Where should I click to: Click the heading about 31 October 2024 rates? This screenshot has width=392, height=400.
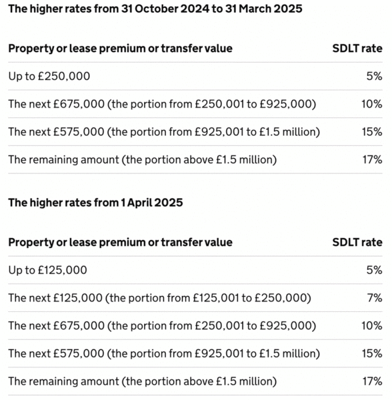(x=155, y=9)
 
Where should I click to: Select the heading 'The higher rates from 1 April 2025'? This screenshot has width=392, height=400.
(x=95, y=203)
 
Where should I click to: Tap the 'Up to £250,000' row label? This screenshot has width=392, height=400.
(x=49, y=76)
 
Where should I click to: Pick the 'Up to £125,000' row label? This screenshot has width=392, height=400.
(x=48, y=270)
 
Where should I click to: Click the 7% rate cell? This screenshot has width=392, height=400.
(x=375, y=298)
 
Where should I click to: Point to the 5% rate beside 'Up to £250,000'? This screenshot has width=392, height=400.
(x=375, y=76)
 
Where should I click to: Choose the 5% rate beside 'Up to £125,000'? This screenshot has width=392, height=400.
(x=375, y=270)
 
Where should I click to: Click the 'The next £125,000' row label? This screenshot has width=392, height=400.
(x=159, y=298)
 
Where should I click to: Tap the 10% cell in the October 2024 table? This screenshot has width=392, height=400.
(x=372, y=104)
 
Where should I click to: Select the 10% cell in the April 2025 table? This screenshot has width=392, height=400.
(x=372, y=326)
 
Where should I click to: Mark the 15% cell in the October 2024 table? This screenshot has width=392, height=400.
(x=372, y=132)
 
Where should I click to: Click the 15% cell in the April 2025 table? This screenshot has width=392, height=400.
(x=372, y=353)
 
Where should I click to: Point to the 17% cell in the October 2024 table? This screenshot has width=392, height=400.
(x=373, y=160)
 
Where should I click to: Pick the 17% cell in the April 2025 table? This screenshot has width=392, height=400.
(x=373, y=381)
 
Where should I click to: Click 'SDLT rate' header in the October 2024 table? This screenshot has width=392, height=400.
(x=357, y=49)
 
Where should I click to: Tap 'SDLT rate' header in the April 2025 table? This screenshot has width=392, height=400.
(x=357, y=243)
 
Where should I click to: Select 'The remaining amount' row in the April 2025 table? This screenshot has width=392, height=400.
(x=143, y=381)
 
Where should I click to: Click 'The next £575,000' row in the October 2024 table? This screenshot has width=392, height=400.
(x=164, y=132)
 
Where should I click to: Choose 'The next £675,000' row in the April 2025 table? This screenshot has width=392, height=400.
(x=162, y=326)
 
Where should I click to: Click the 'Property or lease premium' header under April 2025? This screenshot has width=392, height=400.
(x=121, y=243)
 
